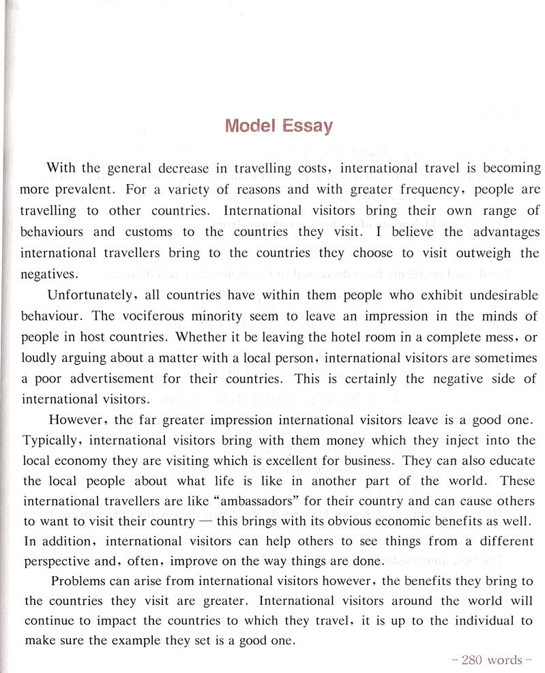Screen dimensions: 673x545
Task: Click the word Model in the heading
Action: click(x=250, y=126)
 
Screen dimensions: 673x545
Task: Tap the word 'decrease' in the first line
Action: click(x=183, y=168)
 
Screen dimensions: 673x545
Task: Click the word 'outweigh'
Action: click(x=479, y=253)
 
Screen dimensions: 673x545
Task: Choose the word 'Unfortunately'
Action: click(x=87, y=295)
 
